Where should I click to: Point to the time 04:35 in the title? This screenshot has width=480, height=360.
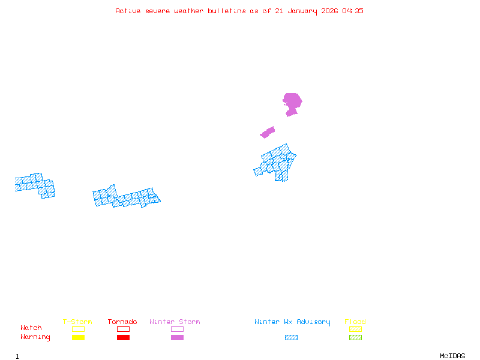(x=353, y=11)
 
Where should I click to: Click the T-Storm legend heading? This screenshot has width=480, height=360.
(x=77, y=322)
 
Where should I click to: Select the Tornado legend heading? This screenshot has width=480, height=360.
(x=122, y=322)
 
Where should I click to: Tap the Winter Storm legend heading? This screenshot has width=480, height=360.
(x=175, y=322)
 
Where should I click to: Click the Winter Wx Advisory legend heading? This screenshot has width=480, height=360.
(x=292, y=322)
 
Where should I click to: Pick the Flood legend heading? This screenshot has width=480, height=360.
(x=355, y=322)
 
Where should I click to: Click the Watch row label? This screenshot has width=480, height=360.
(x=31, y=328)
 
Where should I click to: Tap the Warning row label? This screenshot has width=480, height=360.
(x=35, y=337)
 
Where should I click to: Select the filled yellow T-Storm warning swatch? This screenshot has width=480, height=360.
(x=78, y=338)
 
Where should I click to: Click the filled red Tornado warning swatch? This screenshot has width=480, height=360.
(x=123, y=338)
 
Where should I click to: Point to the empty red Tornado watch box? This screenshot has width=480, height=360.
(x=123, y=329)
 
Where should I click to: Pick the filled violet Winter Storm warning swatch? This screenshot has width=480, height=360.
(x=177, y=338)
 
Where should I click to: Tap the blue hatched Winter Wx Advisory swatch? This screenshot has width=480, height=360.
(x=291, y=338)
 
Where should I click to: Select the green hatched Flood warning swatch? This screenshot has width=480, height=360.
(x=355, y=338)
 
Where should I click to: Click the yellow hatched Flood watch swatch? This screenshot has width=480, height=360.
(x=355, y=329)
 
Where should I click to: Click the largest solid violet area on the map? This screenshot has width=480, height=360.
(x=292, y=102)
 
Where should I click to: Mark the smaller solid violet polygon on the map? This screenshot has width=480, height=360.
(x=268, y=132)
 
